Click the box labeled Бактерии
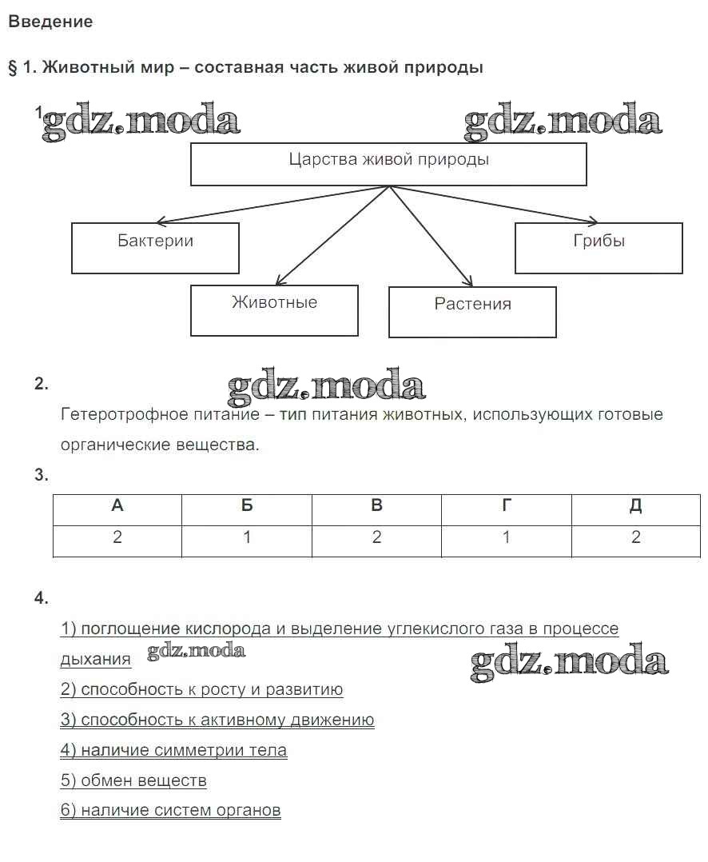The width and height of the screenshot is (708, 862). coord(155,248)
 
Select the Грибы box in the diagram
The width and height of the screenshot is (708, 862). coord(599,248)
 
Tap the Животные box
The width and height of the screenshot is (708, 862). coord(274,310)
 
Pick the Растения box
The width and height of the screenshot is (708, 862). coord(472,312)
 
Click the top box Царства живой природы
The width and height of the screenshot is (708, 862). coord(388,164)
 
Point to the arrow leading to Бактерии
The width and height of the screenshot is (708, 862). coord(272,204)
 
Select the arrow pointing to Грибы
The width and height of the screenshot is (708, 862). coord(495,203)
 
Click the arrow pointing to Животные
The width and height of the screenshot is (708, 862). coord(332,236)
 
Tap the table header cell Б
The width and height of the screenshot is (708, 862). coord(247,506)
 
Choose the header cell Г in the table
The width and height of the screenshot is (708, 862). coord(507,506)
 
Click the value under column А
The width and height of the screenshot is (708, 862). coord(117,537)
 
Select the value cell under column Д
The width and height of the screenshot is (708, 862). coord(636,537)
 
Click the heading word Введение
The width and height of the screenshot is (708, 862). coord(50,22)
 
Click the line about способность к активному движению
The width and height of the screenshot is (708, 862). coord(217,720)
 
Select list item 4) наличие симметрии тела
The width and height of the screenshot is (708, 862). coord(173,750)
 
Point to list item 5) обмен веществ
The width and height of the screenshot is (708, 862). coord(133,780)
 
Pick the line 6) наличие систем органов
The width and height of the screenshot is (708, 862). coord(170,810)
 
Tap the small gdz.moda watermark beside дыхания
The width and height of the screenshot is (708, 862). coord(196,651)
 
